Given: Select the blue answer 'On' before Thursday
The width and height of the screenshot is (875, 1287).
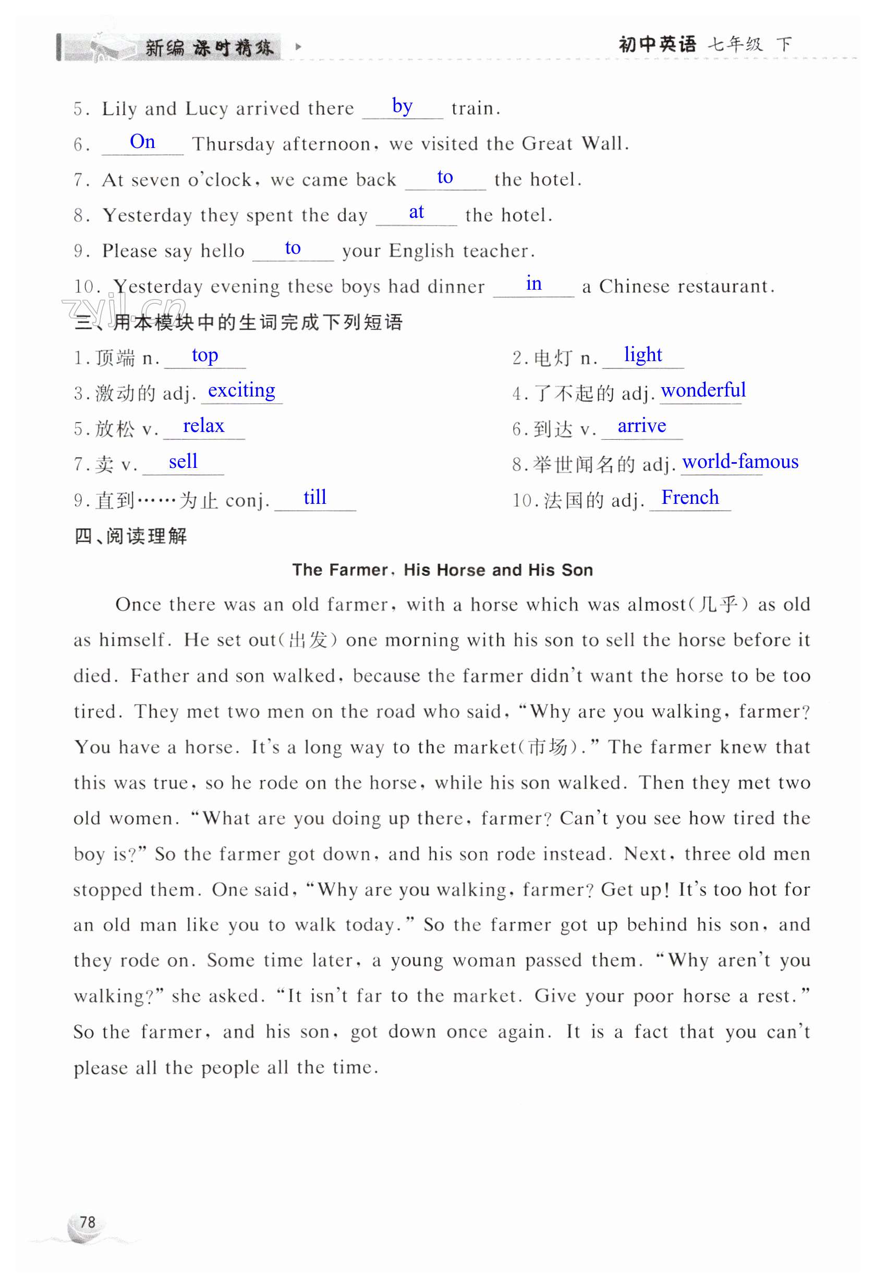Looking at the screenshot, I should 142,142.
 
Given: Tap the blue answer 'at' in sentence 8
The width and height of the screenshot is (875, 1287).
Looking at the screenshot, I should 416,212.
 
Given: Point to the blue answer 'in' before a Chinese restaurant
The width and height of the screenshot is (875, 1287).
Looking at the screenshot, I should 533,283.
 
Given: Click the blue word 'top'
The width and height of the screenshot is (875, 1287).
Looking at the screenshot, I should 204,355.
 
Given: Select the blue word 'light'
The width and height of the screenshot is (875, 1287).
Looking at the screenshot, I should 642,354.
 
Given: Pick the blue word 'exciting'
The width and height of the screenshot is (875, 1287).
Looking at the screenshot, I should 241,390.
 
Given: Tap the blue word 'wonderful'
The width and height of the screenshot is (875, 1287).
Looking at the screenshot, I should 703,390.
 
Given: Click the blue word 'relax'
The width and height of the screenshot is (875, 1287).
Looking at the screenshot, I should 203,426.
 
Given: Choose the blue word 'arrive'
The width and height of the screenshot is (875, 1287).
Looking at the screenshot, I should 641,426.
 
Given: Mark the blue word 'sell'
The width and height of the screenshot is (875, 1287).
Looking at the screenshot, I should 183,461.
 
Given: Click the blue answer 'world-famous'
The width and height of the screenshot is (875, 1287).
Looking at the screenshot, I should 740,461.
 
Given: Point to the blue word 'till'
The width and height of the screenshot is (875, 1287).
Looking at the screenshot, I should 315,497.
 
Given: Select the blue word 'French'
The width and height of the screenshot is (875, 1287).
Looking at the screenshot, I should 689,497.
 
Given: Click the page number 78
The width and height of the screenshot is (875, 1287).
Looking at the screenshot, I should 87,1222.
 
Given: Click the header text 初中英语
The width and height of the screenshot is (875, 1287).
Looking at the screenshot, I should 657,44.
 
